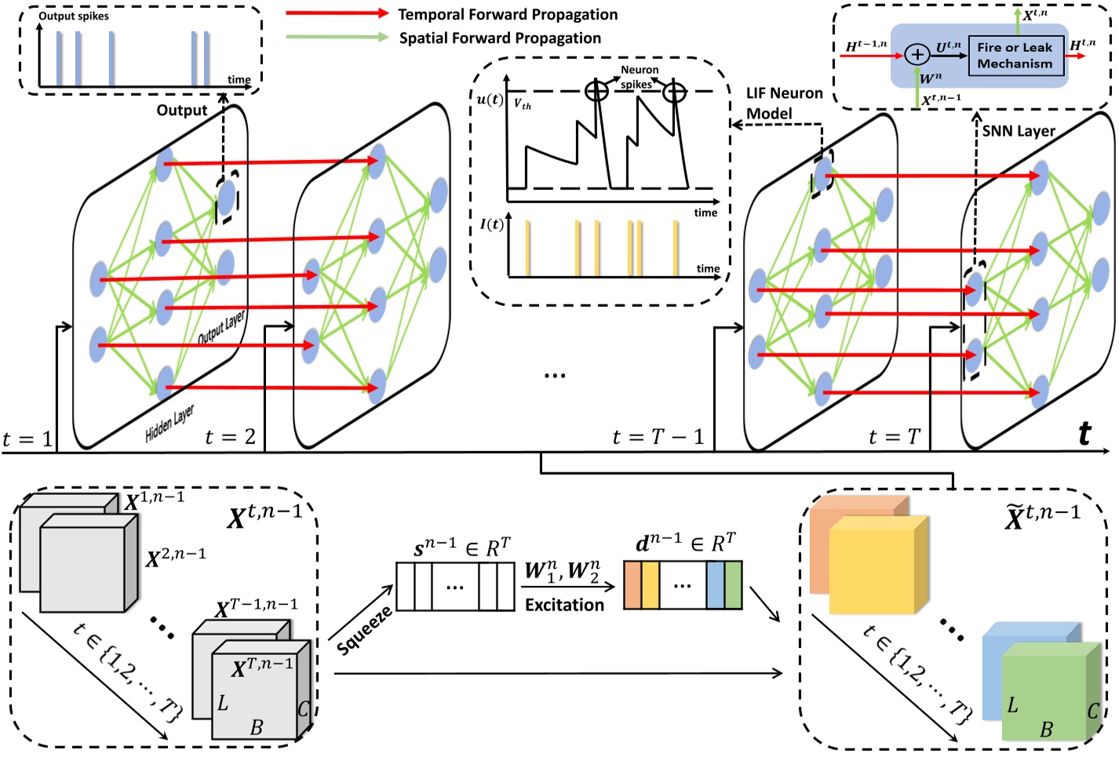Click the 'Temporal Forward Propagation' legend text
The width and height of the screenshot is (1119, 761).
click(x=508, y=14)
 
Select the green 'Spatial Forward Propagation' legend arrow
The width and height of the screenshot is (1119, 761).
click(x=337, y=37)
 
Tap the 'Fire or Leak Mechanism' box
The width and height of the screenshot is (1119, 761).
click(x=1015, y=56)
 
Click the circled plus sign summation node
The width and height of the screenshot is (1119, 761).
click(x=917, y=54)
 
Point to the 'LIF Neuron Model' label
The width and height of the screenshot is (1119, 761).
click(x=784, y=103)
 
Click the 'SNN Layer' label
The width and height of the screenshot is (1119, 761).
click(x=1018, y=131)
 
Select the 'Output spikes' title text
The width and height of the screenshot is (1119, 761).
click(x=74, y=16)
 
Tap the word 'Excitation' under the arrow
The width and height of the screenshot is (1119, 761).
click(x=564, y=605)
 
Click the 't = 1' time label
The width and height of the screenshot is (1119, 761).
click(x=27, y=439)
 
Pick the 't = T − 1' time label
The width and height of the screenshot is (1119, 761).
click(x=658, y=437)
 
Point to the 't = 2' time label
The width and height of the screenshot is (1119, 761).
click(x=230, y=436)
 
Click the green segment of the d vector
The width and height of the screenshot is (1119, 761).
click(x=733, y=585)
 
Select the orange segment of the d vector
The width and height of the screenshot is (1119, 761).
click(x=632, y=585)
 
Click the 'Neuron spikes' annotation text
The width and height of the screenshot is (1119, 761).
click(x=638, y=77)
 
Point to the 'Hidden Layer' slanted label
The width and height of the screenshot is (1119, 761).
click(x=169, y=423)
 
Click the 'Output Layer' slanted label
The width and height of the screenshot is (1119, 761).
click(x=221, y=326)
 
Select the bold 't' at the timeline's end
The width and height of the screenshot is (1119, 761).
click(x=1084, y=433)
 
